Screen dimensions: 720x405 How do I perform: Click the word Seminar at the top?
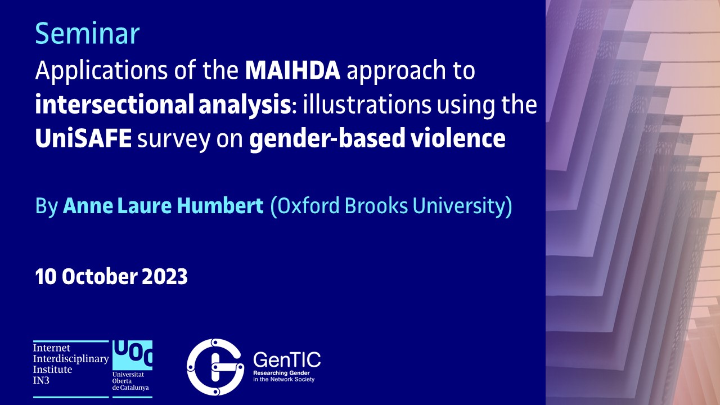87,33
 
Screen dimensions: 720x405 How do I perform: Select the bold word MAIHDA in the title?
292,70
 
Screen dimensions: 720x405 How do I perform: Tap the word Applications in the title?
102,71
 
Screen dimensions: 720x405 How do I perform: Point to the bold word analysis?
245,105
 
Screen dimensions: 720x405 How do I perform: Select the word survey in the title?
174,141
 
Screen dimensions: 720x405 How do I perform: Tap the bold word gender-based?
327,139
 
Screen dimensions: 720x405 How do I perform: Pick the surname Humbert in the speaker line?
220,206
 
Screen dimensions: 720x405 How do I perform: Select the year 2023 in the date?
165,276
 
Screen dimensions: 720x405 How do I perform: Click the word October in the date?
100,276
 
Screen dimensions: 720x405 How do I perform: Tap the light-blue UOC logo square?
132,355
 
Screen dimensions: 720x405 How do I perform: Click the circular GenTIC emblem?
215,367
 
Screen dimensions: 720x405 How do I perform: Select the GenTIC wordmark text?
287,359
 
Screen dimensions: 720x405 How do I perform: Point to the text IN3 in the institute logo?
41,381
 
